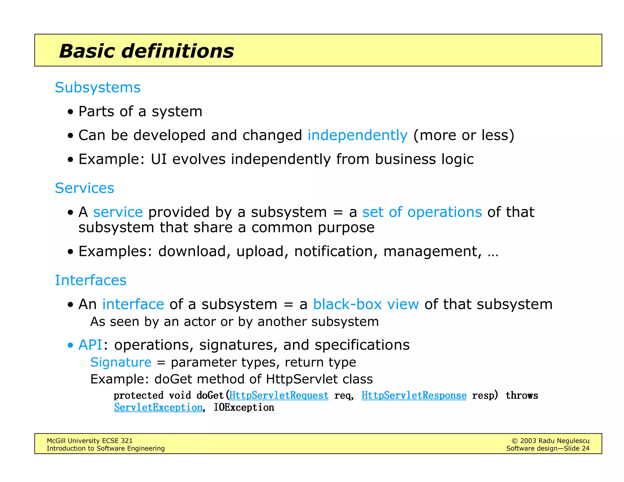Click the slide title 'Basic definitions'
pos(146,51)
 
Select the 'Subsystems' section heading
pos(97,87)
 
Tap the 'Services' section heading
pos(84,188)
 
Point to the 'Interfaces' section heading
pos(90,280)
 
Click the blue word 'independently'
pos(357,135)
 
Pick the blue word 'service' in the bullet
pos(118,212)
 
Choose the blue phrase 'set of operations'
pos(422,212)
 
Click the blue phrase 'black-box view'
pos(366,304)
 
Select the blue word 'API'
pos(90,345)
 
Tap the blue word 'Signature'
pos(121,362)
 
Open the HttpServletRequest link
pos(279,395)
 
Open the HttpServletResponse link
pos(414,395)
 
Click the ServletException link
pos(158,408)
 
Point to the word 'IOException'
pos(244,408)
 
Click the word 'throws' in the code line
pos(522,395)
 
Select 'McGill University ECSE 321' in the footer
pos(90,441)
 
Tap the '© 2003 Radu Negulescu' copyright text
pos(550,441)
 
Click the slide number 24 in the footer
pos(585,448)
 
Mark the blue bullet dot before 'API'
pos(71,346)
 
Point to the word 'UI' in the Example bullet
pos(159,159)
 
